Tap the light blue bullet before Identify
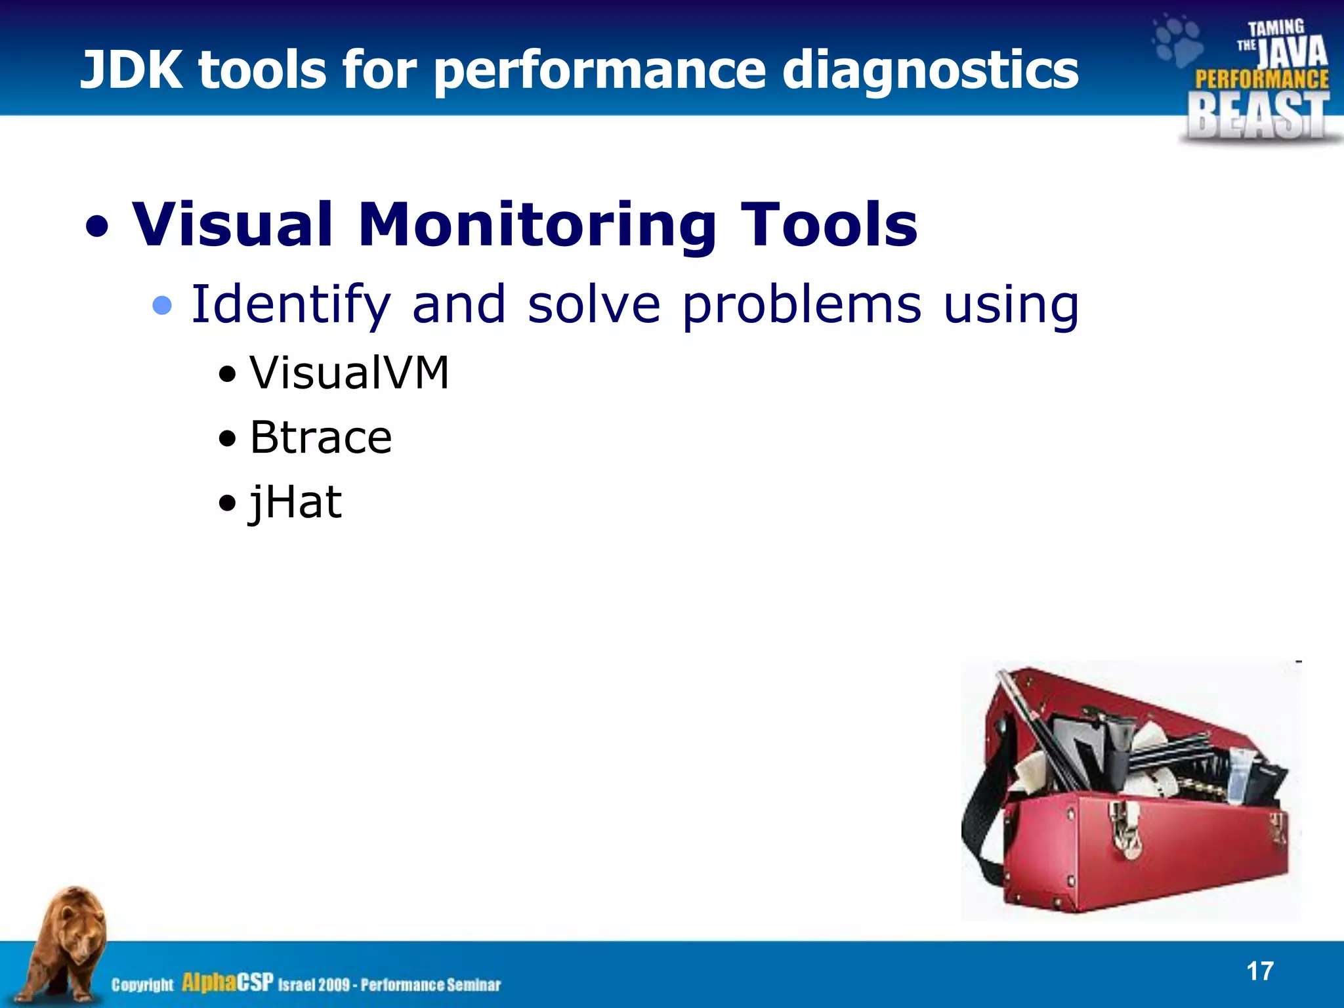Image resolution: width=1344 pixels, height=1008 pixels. point(161,306)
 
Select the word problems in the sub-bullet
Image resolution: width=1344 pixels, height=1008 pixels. point(801,305)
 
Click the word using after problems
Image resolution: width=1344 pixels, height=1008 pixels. point(1011,305)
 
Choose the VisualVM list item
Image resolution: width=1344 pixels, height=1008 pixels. point(348,373)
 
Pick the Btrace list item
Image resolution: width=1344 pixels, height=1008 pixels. point(320,438)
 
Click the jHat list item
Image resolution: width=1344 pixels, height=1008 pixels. point(295,503)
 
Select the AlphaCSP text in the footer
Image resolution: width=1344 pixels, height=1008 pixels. point(227,982)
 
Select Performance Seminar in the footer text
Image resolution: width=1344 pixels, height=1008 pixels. point(430,985)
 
